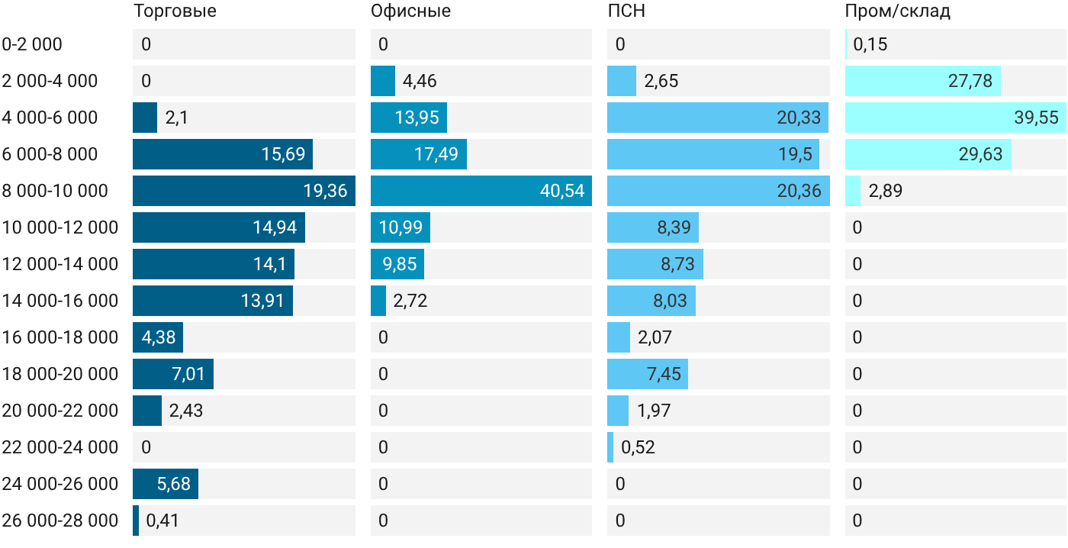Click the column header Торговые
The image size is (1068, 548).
175,11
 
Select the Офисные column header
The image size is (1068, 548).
410,11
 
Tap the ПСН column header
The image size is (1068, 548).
626,11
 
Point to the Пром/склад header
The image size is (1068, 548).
897,11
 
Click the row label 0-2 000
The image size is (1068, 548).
32,44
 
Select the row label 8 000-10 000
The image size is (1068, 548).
55,191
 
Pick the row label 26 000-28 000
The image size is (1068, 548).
60,521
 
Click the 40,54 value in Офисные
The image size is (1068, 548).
562,191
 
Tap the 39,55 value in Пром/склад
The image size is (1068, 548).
1036,118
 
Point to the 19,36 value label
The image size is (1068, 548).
325,191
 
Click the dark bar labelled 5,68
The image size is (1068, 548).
166,484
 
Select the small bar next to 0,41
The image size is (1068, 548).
136,521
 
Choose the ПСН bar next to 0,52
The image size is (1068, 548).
610,447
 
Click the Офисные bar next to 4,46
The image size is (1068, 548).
383,81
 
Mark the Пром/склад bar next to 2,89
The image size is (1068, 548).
853,191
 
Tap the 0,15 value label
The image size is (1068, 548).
870,44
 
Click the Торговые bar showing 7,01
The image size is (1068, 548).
173,374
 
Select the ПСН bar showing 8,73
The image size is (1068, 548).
655,264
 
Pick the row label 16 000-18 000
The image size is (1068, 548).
60,337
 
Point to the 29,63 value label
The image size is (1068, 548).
980,154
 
